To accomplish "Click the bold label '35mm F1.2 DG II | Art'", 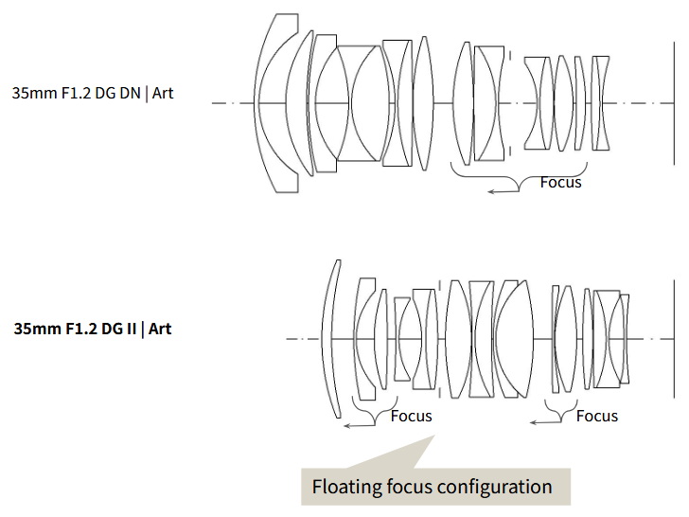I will pyautogui.click(x=93, y=330).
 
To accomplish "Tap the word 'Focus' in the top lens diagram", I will pyautogui.click(x=560, y=182).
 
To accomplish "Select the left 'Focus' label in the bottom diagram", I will pyautogui.click(x=411, y=416).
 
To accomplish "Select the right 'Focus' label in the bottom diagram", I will pyautogui.click(x=596, y=416).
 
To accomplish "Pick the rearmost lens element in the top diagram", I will pyautogui.click(x=601, y=102).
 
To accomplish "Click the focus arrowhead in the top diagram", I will pyautogui.click(x=491, y=191).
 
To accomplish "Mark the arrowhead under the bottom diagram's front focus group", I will pyautogui.click(x=347, y=425).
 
